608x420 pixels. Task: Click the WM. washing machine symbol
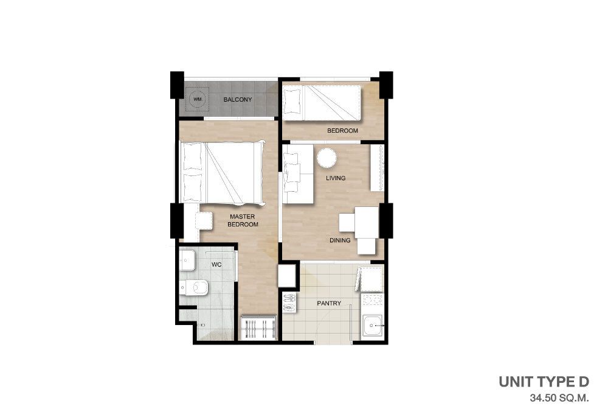(x=198, y=99)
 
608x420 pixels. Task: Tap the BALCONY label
(x=238, y=99)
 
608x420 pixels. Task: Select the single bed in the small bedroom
(x=322, y=103)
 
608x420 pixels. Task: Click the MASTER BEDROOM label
(x=243, y=220)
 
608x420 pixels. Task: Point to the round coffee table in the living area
(x=326, y=158)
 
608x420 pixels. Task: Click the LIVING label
(x=336, y=178)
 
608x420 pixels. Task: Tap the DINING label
(x=340, y=240)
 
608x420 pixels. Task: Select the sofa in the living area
(x=298, y=174)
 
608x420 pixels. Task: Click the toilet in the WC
(x=194, y=287)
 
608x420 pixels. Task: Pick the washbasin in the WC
(x=187, y=261)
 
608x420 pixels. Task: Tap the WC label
(x=216, y=265)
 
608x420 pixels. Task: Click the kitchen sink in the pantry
(x=373, y=325)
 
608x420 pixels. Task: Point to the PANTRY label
(x=329, y=303)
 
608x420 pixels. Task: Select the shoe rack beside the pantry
(x=289, y=303)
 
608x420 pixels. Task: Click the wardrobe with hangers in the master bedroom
(x=258, y=328)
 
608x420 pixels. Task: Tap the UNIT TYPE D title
(x=544, y=382)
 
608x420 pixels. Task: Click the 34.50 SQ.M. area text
(x=559, y=398)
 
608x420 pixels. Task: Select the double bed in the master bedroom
(x=223, y=172)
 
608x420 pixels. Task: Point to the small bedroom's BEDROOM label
(x=342, y=131)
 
